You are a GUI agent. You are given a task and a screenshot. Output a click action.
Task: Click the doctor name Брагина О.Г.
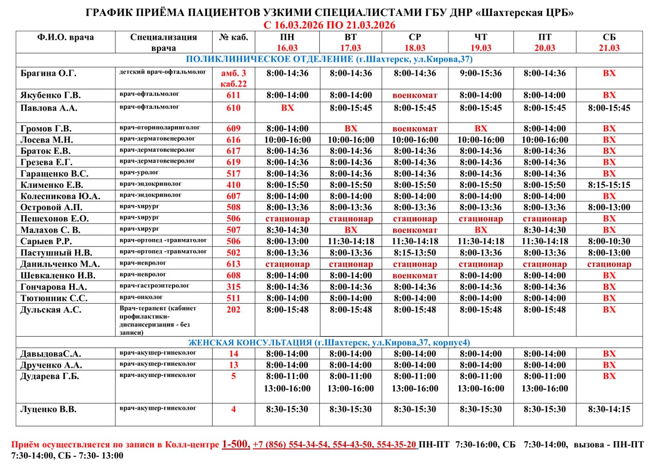48,73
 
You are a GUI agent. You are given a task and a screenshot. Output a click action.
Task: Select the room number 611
233,95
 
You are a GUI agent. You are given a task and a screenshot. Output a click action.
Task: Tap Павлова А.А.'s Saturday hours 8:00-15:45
609,108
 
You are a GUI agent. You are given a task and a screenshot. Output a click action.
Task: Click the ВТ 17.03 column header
350,42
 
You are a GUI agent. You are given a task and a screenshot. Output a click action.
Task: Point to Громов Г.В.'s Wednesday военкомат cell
414,129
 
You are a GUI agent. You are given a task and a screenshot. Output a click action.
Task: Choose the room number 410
233,185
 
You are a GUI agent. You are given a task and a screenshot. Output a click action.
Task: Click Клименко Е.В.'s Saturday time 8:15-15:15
609,185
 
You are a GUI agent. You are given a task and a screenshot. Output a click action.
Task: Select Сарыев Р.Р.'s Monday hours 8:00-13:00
287,241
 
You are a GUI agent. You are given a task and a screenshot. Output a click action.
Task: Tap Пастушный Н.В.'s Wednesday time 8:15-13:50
414,253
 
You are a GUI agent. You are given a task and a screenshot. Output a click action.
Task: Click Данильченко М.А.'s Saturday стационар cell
609,264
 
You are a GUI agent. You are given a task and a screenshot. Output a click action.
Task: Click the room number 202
233,309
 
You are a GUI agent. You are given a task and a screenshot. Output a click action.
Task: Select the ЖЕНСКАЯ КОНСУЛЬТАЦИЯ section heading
329,342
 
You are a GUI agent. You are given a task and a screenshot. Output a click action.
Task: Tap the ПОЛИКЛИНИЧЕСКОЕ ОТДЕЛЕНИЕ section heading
329,60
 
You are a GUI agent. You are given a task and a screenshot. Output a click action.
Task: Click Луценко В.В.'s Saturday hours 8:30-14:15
609,409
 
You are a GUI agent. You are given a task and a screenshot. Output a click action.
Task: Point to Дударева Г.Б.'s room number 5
233,376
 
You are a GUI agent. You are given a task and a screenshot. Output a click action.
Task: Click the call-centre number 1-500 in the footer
236,444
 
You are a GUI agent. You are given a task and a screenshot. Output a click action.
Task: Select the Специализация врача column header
164,42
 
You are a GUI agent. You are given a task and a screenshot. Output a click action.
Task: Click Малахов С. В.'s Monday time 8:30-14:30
287,230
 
